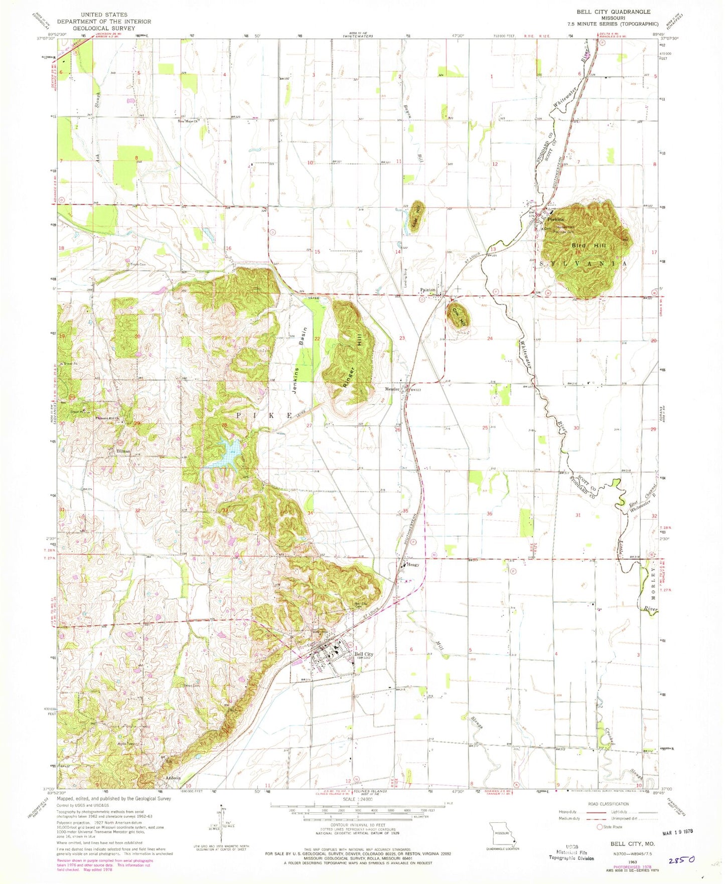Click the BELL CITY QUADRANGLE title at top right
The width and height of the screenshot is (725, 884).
pyautogui.click(x=613, y=12)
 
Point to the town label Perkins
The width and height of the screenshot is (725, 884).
pyautogui.click(x=555, y=220)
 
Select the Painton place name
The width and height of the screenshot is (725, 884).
pyautogui.click(x=427, y=290)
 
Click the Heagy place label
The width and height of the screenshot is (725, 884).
pyautogui.click(x=412, y=564)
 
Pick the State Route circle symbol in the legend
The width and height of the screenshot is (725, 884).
pyautogui.click(x=600, y=827)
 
